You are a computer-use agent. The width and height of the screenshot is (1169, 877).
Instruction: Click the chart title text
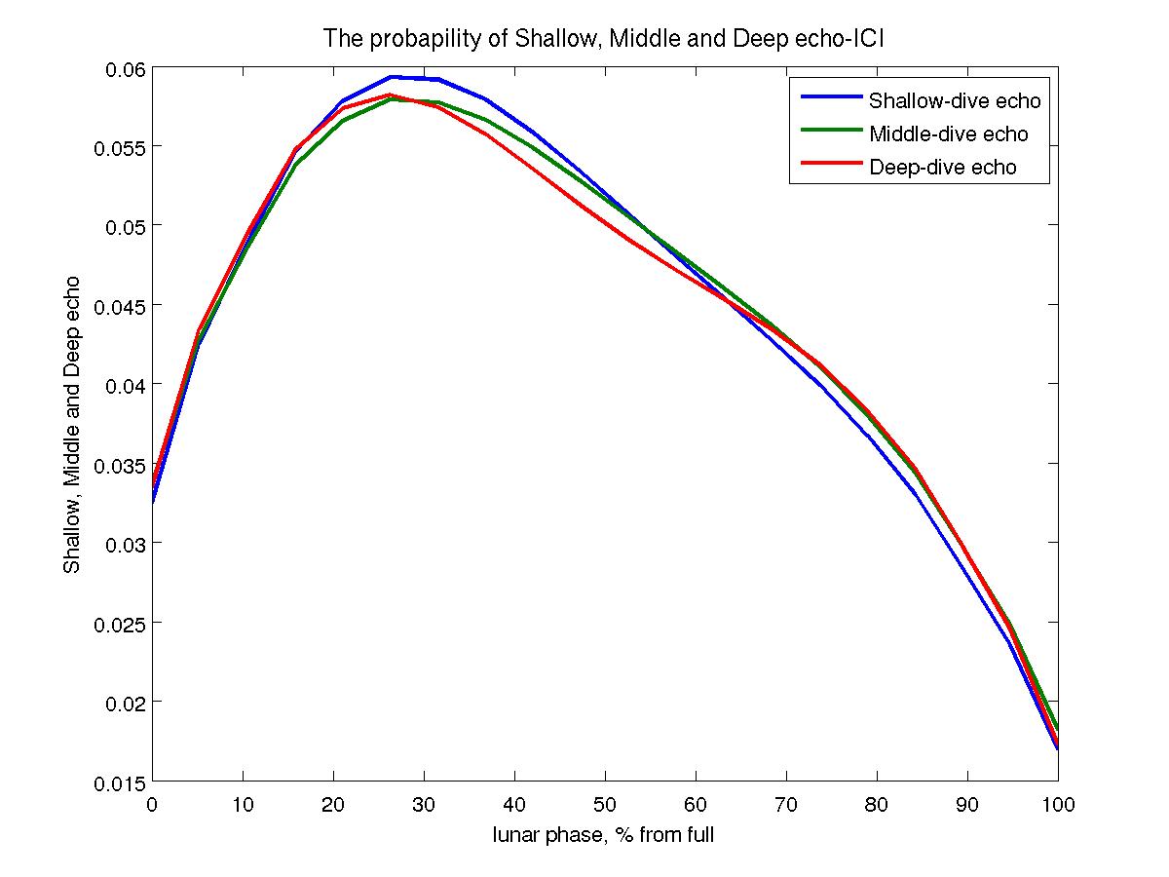pos(603,39)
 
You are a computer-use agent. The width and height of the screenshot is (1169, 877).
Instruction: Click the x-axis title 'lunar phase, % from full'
pos(604,835)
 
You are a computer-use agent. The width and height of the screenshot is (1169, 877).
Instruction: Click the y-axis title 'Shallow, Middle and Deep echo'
pos(72,424)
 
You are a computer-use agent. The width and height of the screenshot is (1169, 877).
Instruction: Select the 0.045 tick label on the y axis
pos(120,306)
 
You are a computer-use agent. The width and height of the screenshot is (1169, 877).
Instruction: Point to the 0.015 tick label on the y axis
pos(120,782)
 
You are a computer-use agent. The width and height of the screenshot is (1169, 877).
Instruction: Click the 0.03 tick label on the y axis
pos(124,544)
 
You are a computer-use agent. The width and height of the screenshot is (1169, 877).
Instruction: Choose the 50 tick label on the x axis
pos(605,804)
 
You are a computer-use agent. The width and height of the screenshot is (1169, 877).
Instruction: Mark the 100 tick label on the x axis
pos(1057,804)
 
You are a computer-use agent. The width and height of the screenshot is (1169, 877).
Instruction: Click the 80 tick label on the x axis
pos(876,804)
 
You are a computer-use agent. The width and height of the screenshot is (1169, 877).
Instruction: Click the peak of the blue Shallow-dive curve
pos(391,76)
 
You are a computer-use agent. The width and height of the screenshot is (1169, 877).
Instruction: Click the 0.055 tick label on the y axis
pos(120,147)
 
